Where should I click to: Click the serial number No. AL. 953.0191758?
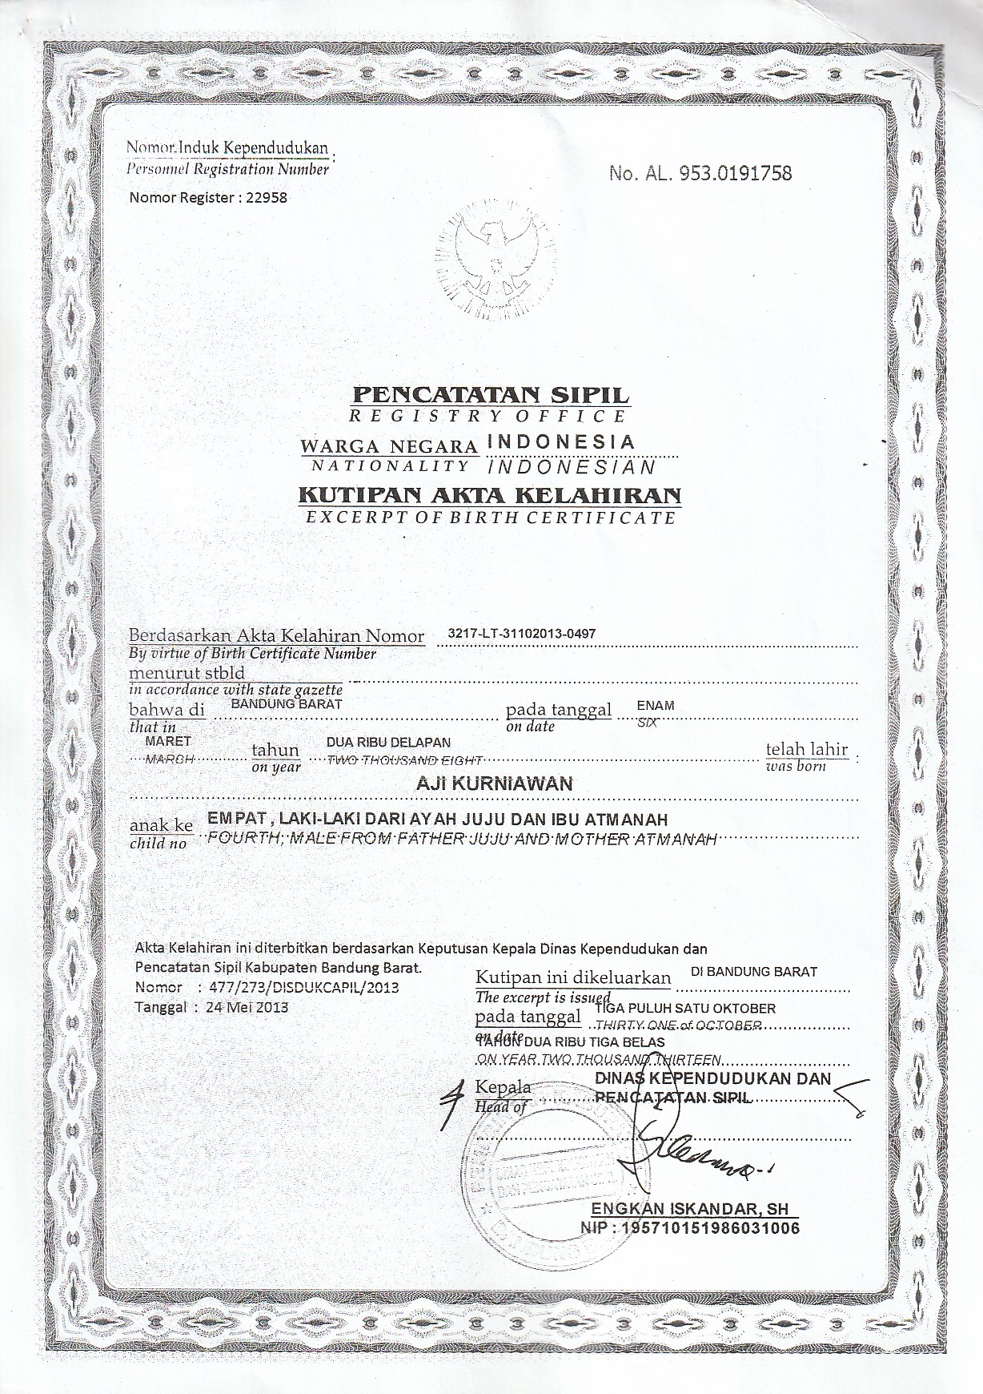coord(700,173)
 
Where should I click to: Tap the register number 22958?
coord(267,197)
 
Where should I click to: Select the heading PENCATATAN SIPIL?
coord(491,395)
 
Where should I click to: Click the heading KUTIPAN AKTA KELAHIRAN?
coord(490,495)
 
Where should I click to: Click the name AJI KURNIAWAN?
coord(495,784)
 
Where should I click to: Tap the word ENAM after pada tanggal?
coord(655,706)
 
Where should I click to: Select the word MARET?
coord(168,741)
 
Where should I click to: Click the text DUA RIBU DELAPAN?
coord(388,743)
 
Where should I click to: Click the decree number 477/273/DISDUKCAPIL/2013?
coord(303,987)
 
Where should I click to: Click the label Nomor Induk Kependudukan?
coord(227,148)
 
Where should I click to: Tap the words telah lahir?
coord(806,749)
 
